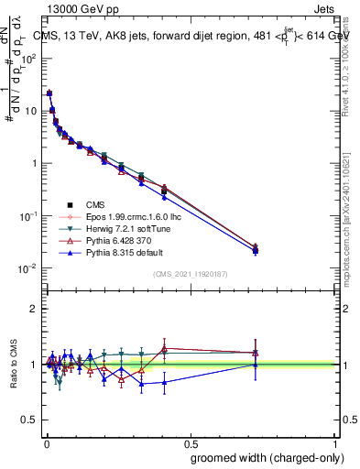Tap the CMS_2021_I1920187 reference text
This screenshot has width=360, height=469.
(x=191, y=274)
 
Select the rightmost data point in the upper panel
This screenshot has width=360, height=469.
(x=256, y=248)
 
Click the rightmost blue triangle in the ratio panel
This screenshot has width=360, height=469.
(x=256, y=364)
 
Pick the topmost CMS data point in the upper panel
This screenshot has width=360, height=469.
(x=49, y=93)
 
